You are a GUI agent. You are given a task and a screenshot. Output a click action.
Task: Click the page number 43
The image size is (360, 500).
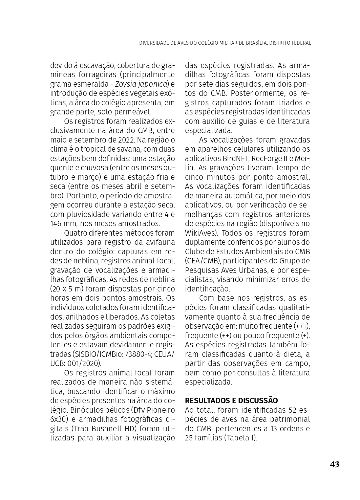coord(334,464)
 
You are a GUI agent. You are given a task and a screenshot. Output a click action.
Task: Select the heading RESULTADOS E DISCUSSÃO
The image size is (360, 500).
coord(231,400)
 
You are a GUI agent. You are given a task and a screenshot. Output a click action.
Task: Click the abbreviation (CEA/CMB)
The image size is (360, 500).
coord(202,261)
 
